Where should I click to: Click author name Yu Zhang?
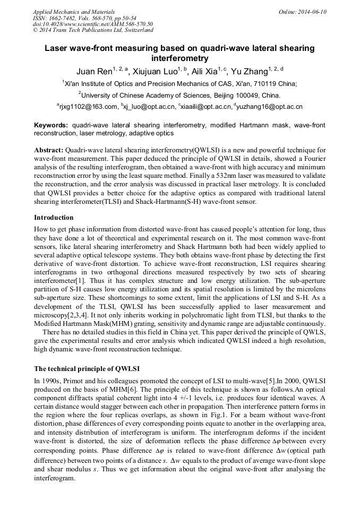coord(251,71)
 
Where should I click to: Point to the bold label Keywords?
coord(51,125)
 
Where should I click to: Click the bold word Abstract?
coord(49,151)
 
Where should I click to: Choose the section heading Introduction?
coord(54,218)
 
